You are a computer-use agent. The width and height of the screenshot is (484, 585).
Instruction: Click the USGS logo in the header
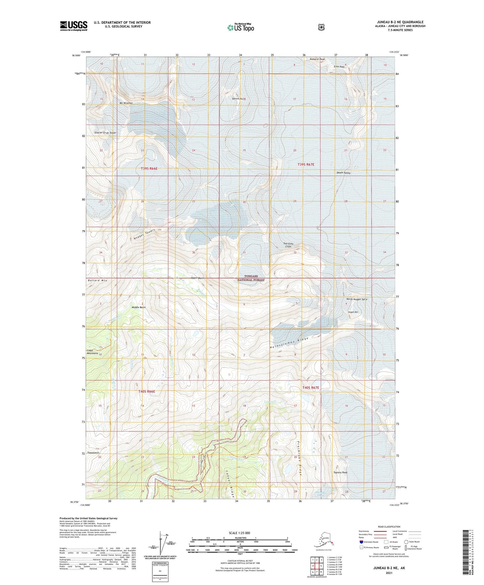[x=74, y=26]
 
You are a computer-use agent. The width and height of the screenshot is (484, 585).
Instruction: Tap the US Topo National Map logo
[x=240, y=27]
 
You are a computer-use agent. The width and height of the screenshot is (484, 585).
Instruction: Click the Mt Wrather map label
[x=126, y=103]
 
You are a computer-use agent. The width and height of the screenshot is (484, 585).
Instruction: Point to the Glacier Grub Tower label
[x=105, y=133]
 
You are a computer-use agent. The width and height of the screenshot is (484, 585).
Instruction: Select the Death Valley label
[x=343, y=173]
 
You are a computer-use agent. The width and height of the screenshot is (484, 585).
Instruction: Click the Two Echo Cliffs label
[x=288, y=245]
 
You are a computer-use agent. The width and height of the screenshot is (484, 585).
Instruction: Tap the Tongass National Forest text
[x=251, y=278]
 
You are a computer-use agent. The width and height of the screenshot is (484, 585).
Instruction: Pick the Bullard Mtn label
[x=97, y=280]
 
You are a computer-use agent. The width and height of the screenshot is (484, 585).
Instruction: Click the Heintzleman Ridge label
[x=289, y=343]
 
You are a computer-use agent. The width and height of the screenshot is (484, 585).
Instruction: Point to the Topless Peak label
[x=340, y=472]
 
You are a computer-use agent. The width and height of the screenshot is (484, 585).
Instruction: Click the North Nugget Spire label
[x=357, y=299]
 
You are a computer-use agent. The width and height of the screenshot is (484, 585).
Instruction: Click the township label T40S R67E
[x=311, y=388]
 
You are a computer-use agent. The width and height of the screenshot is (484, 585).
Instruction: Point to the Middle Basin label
[x=138, y=307]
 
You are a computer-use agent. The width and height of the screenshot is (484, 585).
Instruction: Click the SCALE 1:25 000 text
[x=239, y=533]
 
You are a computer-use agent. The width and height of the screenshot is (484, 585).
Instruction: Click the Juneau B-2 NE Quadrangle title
[x=400, y=22]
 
